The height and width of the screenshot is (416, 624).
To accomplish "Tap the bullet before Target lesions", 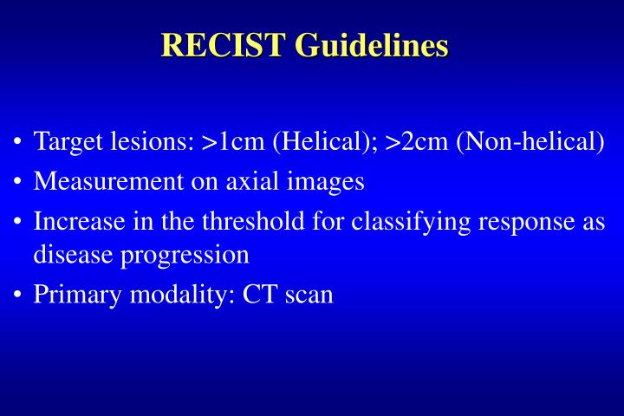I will tap(18, 142).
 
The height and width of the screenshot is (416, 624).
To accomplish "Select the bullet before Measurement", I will tap(18, 182).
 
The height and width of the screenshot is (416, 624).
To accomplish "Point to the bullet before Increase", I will tap(18, 222).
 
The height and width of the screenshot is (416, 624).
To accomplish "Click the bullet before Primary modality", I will tap(18, 295).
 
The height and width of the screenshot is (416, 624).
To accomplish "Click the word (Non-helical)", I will tap(530, 141).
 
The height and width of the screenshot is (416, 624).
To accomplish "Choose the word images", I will tap(330, 181).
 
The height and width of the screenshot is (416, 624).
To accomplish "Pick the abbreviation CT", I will tap(258, 295).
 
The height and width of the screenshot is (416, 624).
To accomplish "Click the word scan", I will tap(306, 295).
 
